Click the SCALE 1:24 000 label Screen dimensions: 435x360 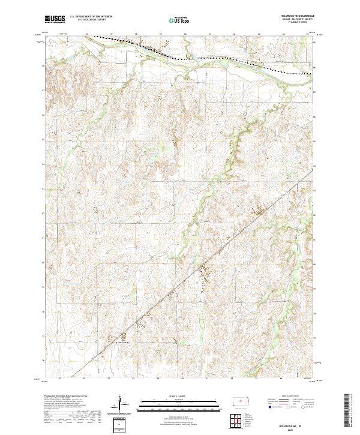point(172,395)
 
